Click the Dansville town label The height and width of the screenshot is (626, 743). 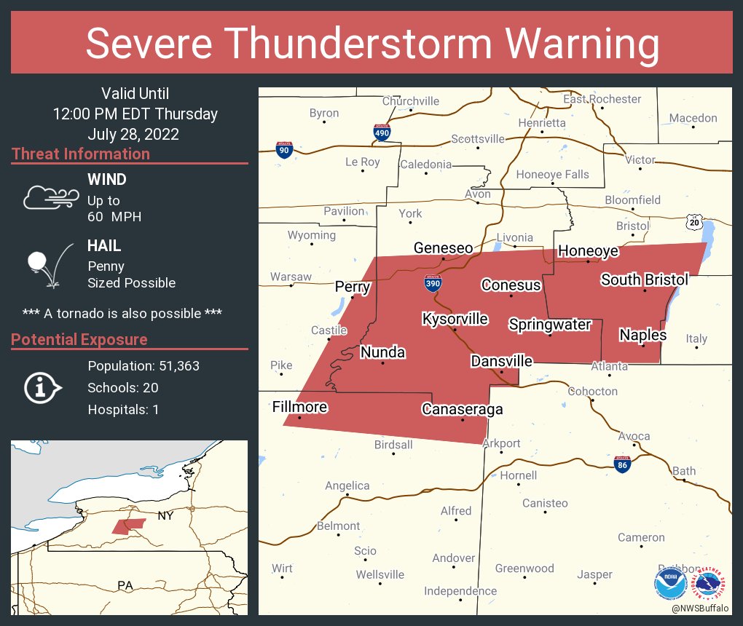pyautogui.click(x=501, y=361)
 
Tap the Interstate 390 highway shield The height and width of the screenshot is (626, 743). pyautogui.click(x=433, y=283)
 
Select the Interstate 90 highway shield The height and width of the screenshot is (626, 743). pyautogui.click(x=284, y=150)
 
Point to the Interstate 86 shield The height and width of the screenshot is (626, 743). pyautogui.click(x=622, y=464)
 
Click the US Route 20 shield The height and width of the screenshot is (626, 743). pyautogui.click(x=696, y=221)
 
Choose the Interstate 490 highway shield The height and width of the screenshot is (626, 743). pyautogui.click(x=382, y=132)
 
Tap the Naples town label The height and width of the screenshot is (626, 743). pyautogui.click(x=642, y=335)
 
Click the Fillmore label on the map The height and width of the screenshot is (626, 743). pyautogui.click(x=299, y=406)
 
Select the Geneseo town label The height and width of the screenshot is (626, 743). pyautogui.click(x=443, y=248)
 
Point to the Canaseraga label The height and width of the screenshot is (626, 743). pyautogui.click(x=463, y=410)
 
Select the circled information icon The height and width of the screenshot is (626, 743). pyautogui.click(x=44, y=388)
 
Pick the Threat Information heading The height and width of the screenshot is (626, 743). pyautogui.click(x=81, y=154)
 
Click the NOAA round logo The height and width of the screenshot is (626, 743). pyautogui.click(x=670, y=584)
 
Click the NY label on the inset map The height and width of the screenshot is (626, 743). pyautogui.click(x=165, y=516)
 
